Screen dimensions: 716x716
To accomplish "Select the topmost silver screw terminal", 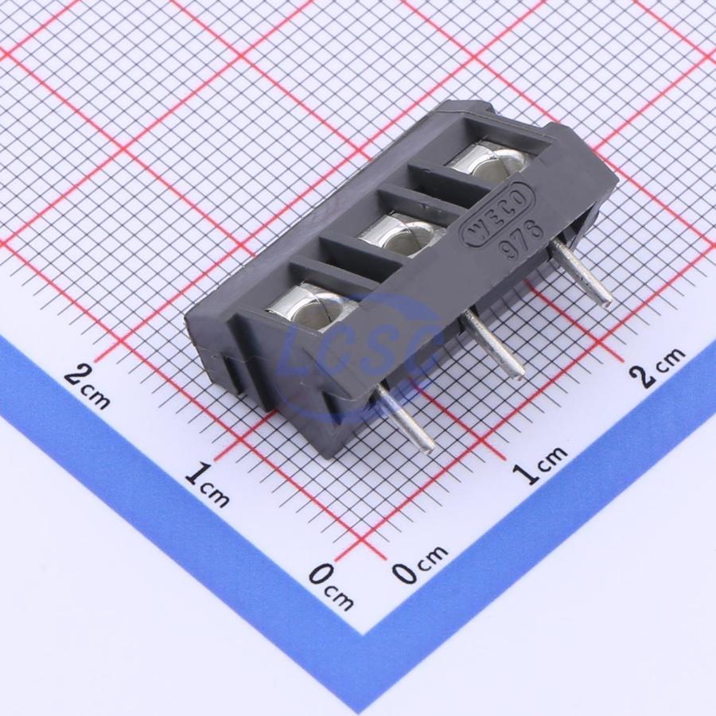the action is point(489,165).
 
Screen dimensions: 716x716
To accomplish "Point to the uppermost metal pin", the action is point(582,272).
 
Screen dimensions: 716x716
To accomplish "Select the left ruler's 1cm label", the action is point(208,484).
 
